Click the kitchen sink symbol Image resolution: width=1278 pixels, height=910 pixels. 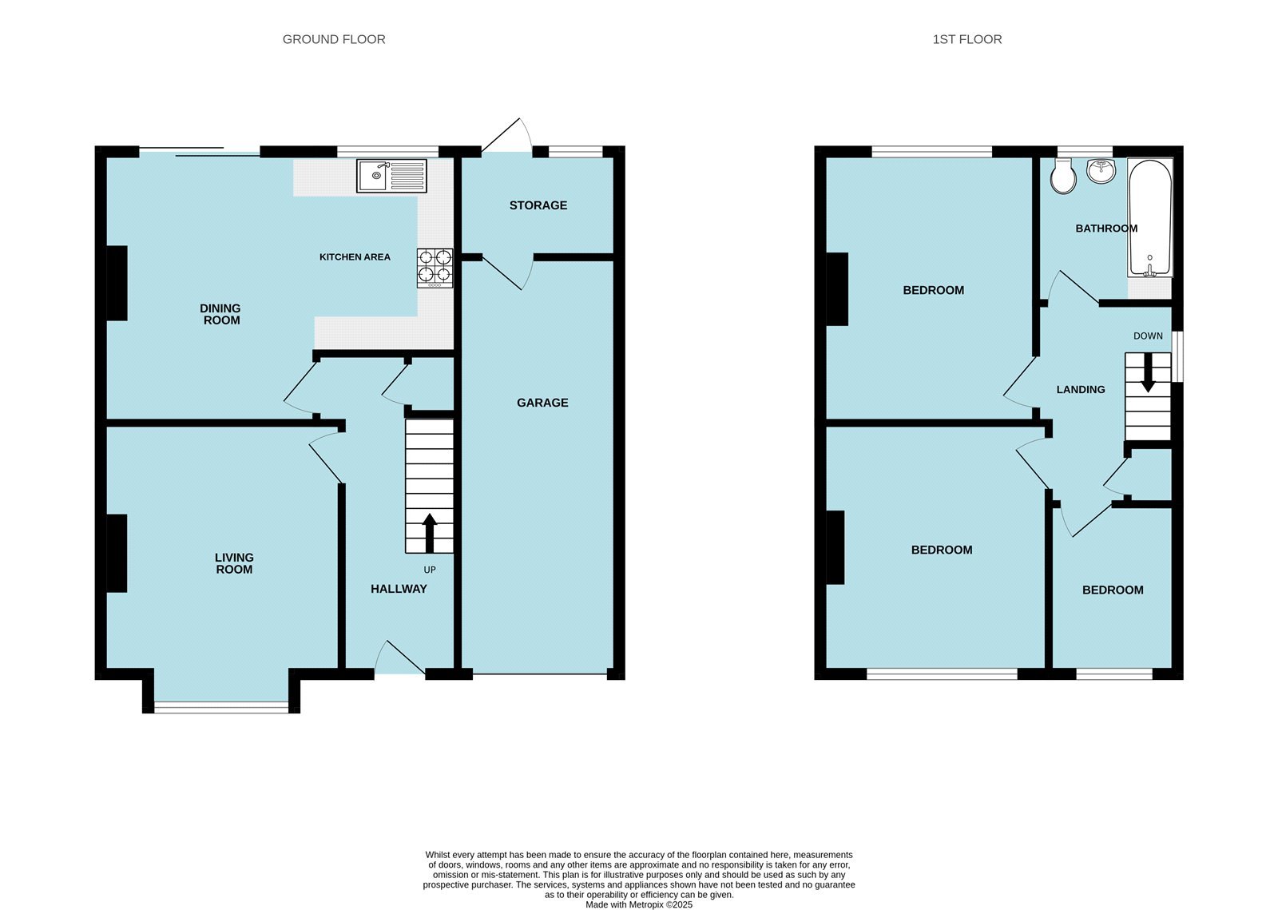(392, 176)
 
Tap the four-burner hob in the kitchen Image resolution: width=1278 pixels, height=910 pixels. (435, 268)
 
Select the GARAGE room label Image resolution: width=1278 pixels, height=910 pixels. (542, 403)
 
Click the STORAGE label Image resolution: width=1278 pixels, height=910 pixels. (538, 205)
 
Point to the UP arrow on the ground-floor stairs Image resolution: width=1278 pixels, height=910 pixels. (429, 534)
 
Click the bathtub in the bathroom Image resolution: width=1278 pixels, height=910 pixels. (1150, 216)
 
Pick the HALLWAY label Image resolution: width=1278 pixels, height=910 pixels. (399, 589)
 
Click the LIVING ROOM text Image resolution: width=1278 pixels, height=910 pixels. (234, 563)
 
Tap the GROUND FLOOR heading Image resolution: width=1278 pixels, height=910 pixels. (334, 39)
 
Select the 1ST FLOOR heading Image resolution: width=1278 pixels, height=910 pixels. (966, 39)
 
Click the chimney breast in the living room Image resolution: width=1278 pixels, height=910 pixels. (117, 553)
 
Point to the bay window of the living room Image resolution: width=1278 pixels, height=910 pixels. (221, 706)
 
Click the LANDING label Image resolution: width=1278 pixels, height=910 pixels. (1081, 390)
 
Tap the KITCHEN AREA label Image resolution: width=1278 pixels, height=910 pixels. (355, 257)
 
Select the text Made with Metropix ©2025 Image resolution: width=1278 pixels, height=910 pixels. (639, 905)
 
